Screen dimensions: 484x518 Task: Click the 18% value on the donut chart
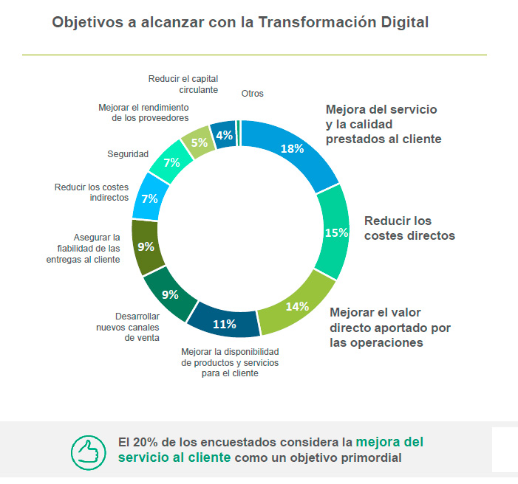293,148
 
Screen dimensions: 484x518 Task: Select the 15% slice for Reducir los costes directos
336,232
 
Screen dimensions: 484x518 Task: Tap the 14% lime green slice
297,306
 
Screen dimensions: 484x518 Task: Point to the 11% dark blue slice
224,323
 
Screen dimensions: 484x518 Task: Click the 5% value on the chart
199,143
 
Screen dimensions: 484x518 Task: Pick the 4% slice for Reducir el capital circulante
224,135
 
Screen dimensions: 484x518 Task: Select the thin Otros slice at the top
239,125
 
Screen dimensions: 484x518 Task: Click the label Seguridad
128,154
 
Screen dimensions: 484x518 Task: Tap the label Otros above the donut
252,94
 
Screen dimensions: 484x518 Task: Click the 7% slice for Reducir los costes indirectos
149,199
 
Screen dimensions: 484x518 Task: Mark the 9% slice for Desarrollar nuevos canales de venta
170,294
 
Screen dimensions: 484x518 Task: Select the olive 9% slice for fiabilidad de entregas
146,247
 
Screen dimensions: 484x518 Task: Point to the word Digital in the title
401,23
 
